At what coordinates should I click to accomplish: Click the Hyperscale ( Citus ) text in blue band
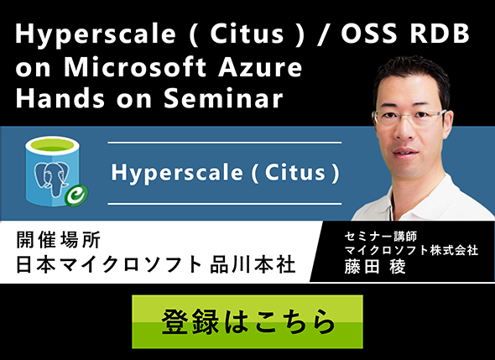pyautogui.click(x=224, y=174)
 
